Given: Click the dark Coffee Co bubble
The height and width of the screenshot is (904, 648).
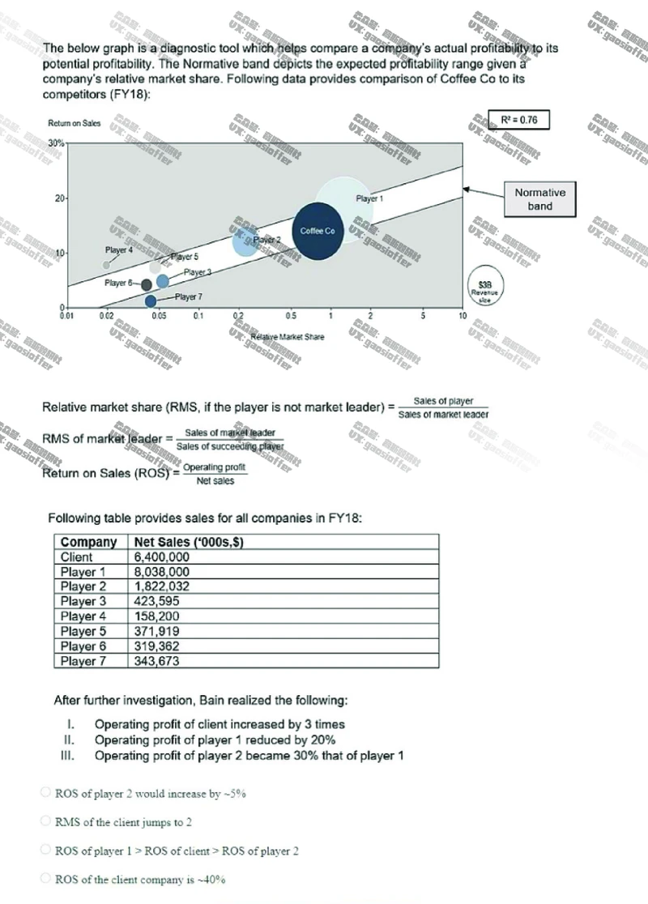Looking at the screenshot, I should pos(318,231).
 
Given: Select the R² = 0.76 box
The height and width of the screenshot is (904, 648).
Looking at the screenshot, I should pos(519,120).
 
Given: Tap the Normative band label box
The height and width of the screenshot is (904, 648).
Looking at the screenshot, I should pos(539,199).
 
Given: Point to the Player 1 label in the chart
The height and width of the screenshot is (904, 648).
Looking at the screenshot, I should pos(369,198).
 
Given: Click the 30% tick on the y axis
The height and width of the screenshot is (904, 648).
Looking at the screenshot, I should pos(57,143).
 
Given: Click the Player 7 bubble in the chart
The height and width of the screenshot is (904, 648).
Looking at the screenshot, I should pos(151,301).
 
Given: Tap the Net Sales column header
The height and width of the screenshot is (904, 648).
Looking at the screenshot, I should pos(189,542).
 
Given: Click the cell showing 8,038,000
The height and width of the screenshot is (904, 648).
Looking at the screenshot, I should pos(162,572).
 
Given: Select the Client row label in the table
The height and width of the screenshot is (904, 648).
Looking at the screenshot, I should pos(77,557).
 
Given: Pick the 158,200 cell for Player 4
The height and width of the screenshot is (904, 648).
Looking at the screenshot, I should pos(157,616).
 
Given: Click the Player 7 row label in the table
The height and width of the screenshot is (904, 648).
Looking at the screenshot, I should pos(83,661).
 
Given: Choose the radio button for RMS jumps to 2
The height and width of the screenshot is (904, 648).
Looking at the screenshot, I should pos(46,821).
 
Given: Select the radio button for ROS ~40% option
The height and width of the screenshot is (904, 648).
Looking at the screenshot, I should pos(46,879).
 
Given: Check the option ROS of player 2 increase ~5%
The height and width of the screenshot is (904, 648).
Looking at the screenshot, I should pos(46,793).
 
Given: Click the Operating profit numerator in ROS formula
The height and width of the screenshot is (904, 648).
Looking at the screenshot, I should pos(215,467).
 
